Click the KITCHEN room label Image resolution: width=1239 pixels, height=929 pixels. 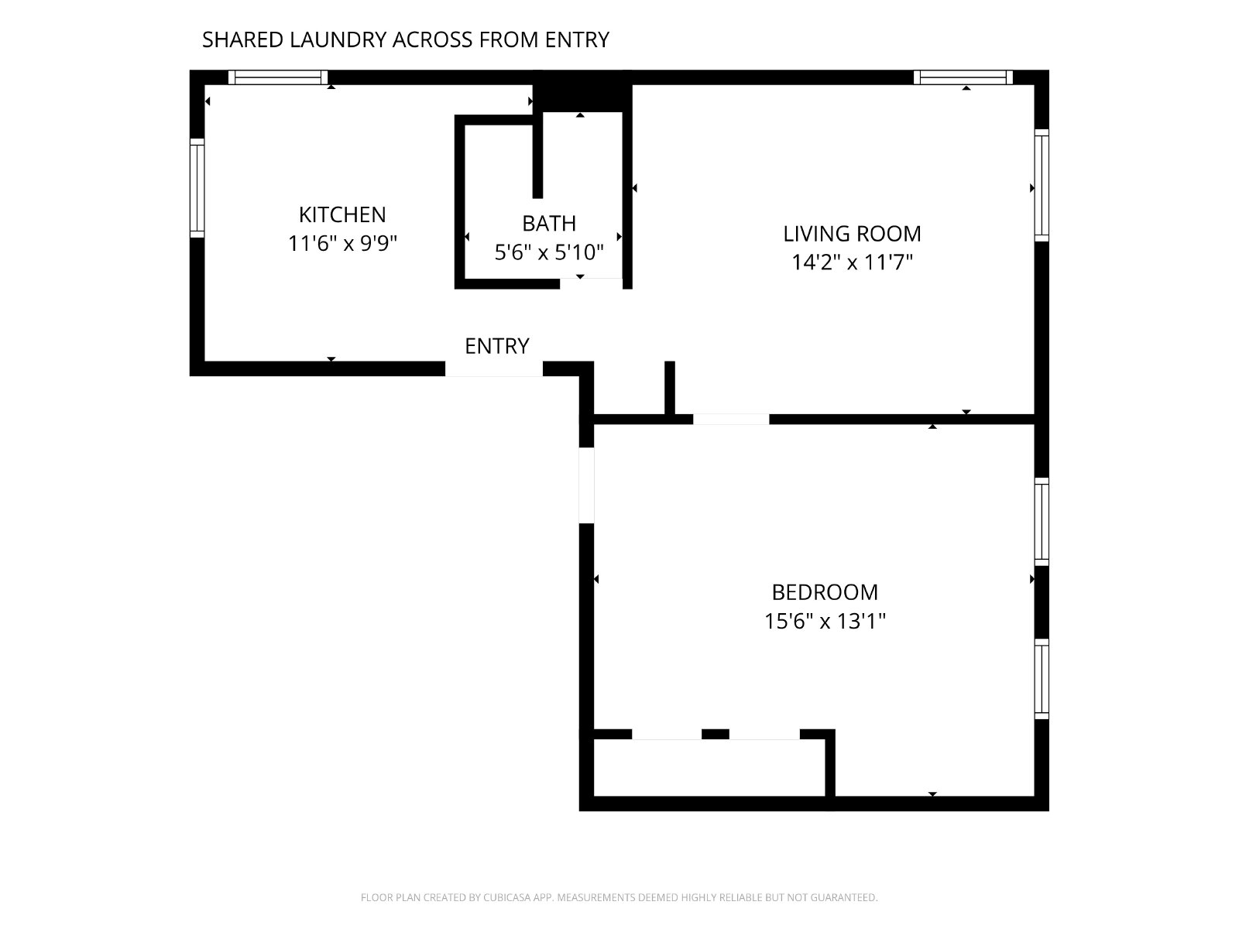(342, 214)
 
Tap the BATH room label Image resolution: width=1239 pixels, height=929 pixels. (549, 224)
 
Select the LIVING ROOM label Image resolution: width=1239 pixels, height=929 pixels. (852, 234)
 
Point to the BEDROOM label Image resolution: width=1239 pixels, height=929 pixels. (825, 592)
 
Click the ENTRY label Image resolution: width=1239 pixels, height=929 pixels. (496, 346)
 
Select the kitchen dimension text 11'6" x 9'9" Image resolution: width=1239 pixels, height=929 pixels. (342, 244)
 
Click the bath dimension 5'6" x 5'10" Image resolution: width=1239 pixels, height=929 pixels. (549, 252)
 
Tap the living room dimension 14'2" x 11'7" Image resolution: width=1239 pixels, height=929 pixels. (852, 262)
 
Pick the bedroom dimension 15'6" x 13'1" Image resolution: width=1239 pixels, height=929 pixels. (825, 621)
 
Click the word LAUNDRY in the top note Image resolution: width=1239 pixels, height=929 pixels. (338, 39)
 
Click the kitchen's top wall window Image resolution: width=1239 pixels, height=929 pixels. (278, 77)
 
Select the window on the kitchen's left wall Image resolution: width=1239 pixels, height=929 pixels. (197, 188)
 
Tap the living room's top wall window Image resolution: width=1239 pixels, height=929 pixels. (963, 77)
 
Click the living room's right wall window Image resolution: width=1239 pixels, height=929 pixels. (1042, 186)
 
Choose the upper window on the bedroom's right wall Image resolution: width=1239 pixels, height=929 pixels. (1042, 522)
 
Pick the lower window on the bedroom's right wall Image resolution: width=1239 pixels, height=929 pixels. (1042, 679)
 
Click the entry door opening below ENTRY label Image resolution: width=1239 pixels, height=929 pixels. (494, 369)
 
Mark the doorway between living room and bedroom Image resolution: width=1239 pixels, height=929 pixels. (731, 419)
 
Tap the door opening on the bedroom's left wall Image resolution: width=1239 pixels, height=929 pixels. (586, 485)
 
